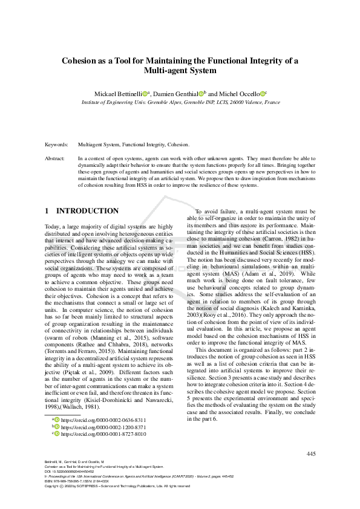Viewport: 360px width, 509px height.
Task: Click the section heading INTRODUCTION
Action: click(x=87, y=211)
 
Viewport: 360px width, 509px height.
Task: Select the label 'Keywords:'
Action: click(x=56, y=145)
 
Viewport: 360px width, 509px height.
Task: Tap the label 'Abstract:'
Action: click(x=56, y=157)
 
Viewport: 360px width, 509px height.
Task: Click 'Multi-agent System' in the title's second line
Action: click(x=180, y=71)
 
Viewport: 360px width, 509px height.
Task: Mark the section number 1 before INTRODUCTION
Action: click(x=47, y=211)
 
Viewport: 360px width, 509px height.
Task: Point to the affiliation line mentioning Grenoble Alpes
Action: click(x=180, y=103)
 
